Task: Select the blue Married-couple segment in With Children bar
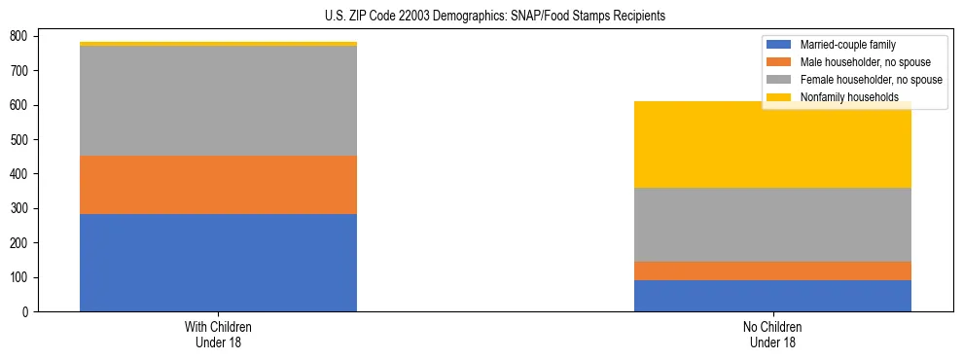click(x=218, y=263)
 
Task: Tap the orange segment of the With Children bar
click(x=218, y=185)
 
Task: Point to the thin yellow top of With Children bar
click(x=218, y=44)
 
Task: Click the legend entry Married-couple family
click(x=847, y=45)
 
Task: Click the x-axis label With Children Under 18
click(x=218, y=334)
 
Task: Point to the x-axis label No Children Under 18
click(x=772, y=334)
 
